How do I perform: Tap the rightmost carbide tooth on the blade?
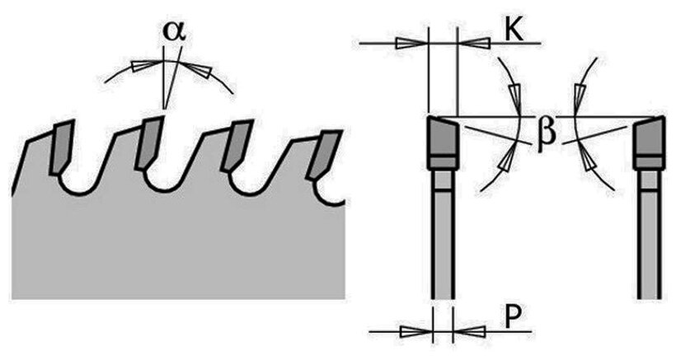click(324, 152)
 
